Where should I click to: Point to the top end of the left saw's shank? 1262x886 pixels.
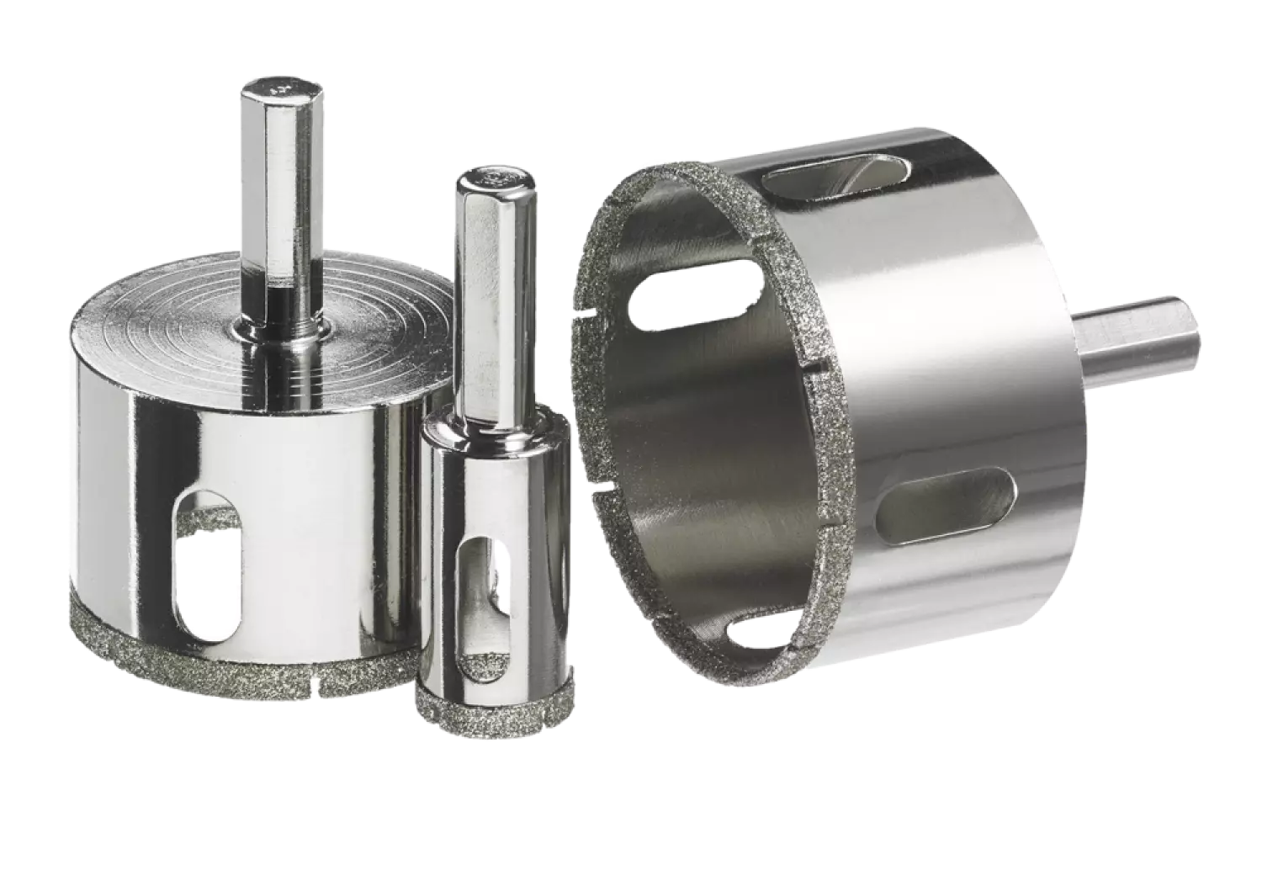pos(268,87)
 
